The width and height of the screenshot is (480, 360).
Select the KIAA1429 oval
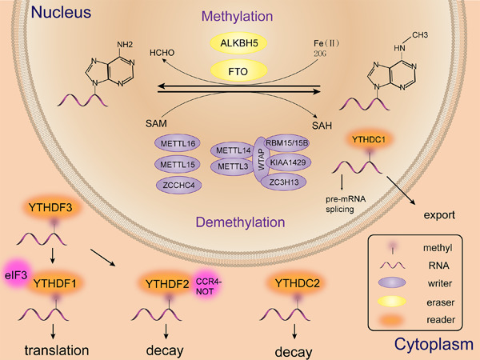pyautogui.click(x=290, y=161)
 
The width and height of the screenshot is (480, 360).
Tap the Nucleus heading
pyautogui.click(x=38, y=14)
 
